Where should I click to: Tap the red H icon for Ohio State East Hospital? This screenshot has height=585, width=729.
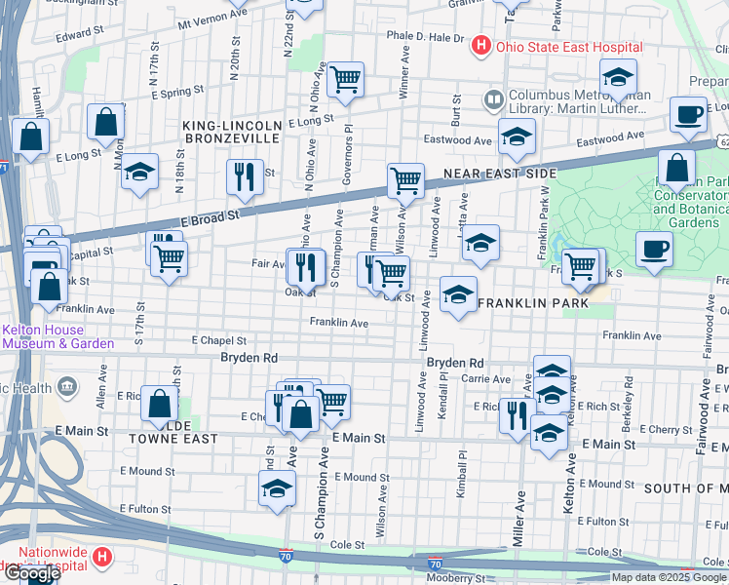coord(480,46)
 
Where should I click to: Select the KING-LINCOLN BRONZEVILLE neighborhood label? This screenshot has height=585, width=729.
coord(232,132)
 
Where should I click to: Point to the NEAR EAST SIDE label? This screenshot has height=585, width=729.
coord(499,174)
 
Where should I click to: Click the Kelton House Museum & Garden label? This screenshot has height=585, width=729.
coord(58,336)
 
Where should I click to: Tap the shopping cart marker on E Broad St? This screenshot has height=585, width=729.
coord(405,180)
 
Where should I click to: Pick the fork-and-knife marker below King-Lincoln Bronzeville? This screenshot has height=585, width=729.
coord(243,175)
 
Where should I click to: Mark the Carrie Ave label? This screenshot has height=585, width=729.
coord(486,378)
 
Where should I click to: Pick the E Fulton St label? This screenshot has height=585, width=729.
coord(146,508)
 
